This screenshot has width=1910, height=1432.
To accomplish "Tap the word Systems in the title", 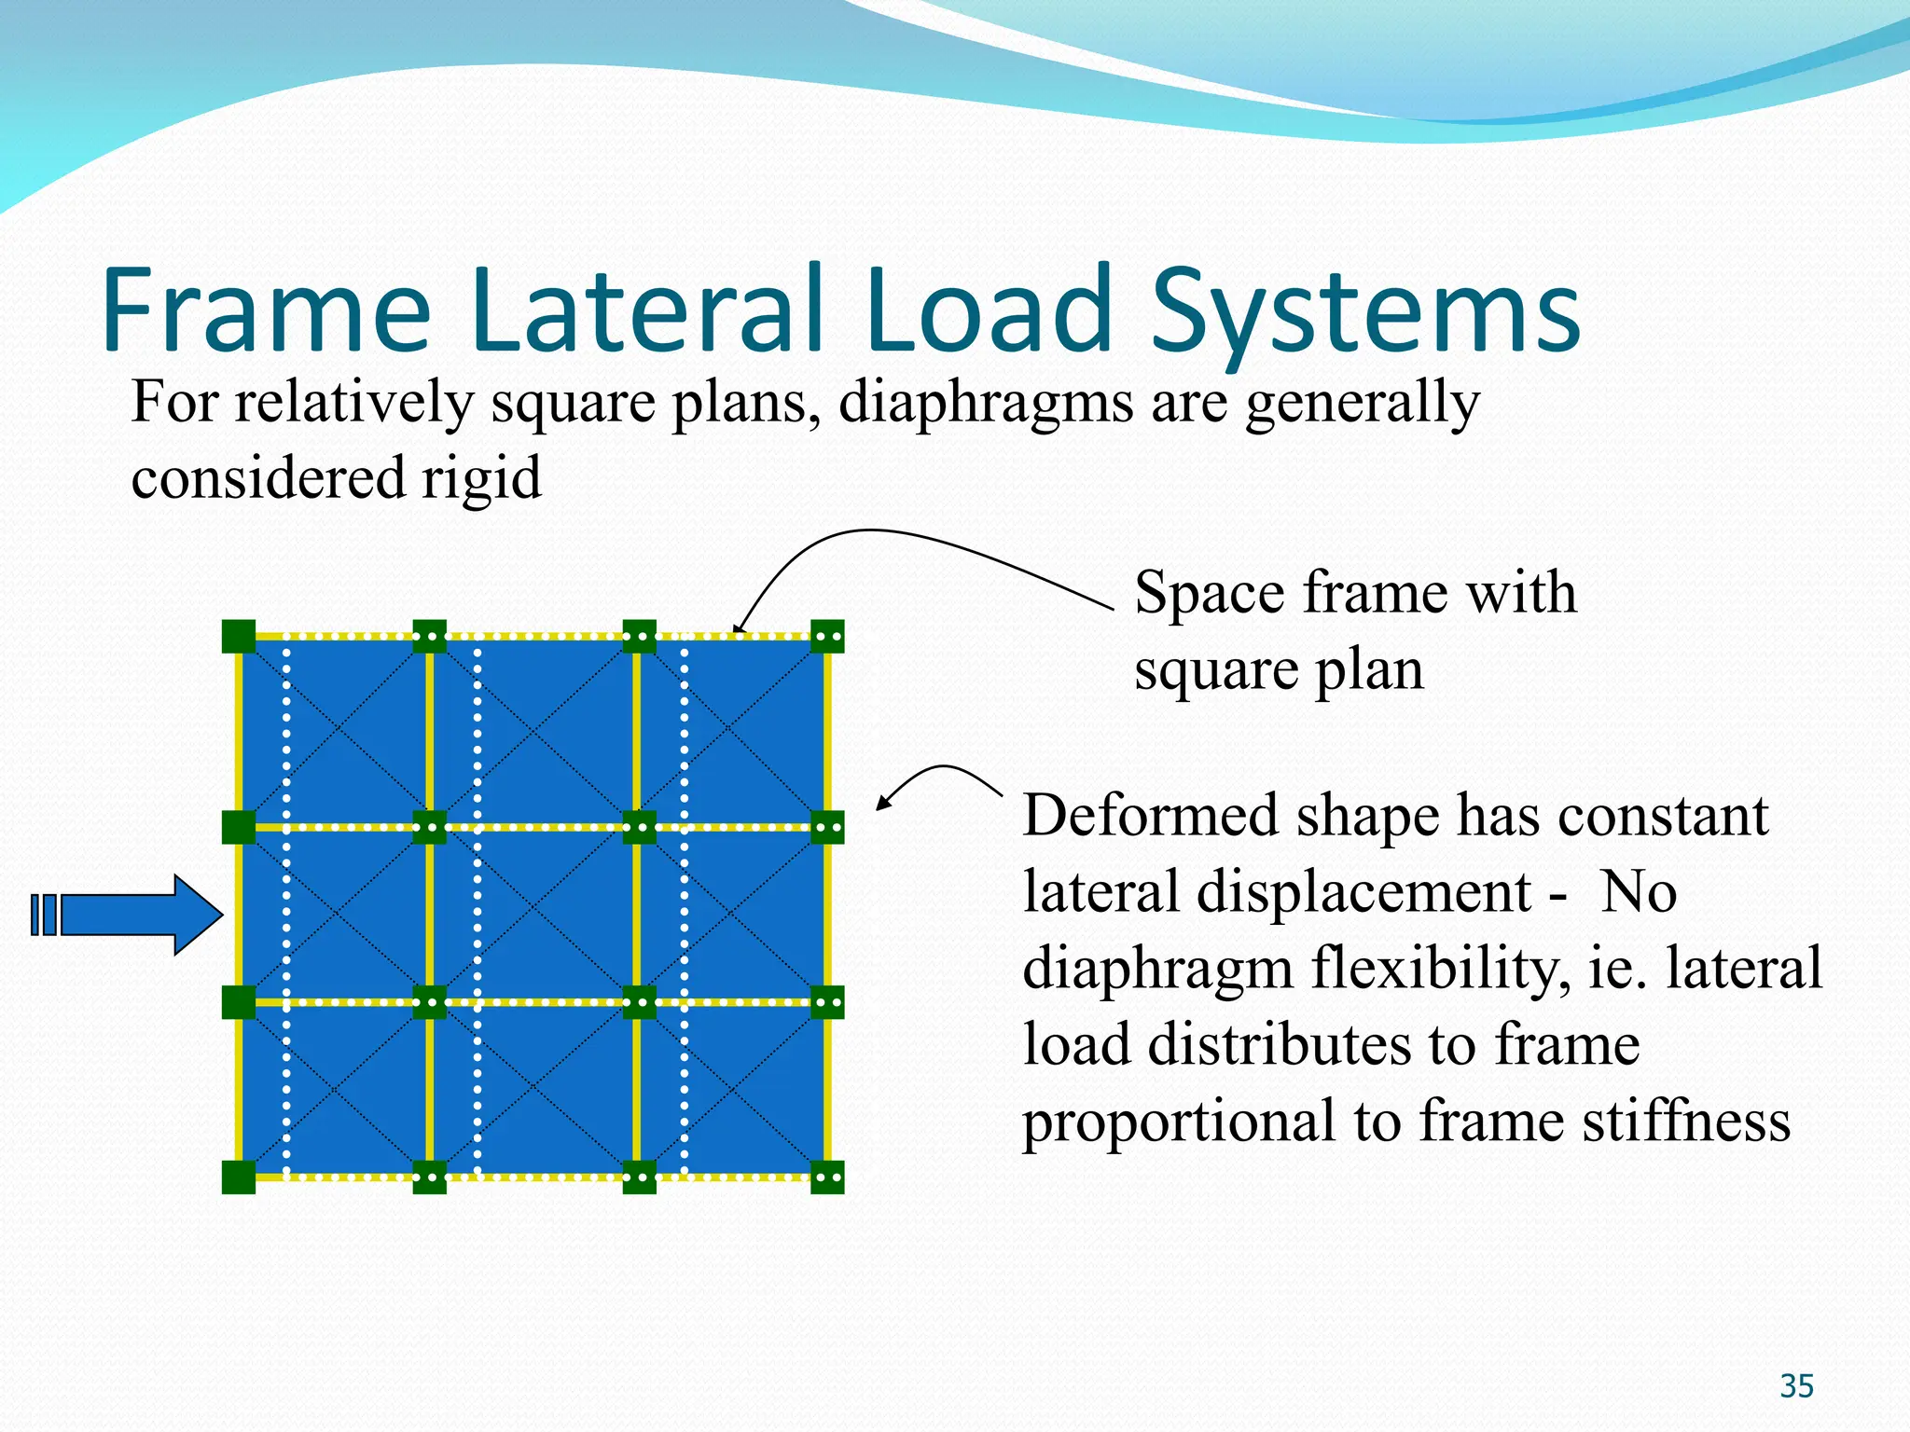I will (x=1365, y=312).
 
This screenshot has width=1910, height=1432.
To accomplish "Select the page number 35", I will (x=1796, y=1386).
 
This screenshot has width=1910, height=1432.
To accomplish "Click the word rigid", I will (x=480, y=477).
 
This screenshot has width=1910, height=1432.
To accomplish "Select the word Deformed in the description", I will (x=1150, y=816).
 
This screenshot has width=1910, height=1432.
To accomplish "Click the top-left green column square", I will (x=239, y=637).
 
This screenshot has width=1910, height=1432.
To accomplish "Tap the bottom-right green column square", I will (x=827, y=1177).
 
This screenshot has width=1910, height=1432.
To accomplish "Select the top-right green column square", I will (x=827, y=637).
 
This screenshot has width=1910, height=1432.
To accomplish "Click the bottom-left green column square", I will (x=239, y=1177).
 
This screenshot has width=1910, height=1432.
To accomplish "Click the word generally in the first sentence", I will (x=1363, y=403).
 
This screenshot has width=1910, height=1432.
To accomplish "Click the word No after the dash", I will (x=1639, y=892).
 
